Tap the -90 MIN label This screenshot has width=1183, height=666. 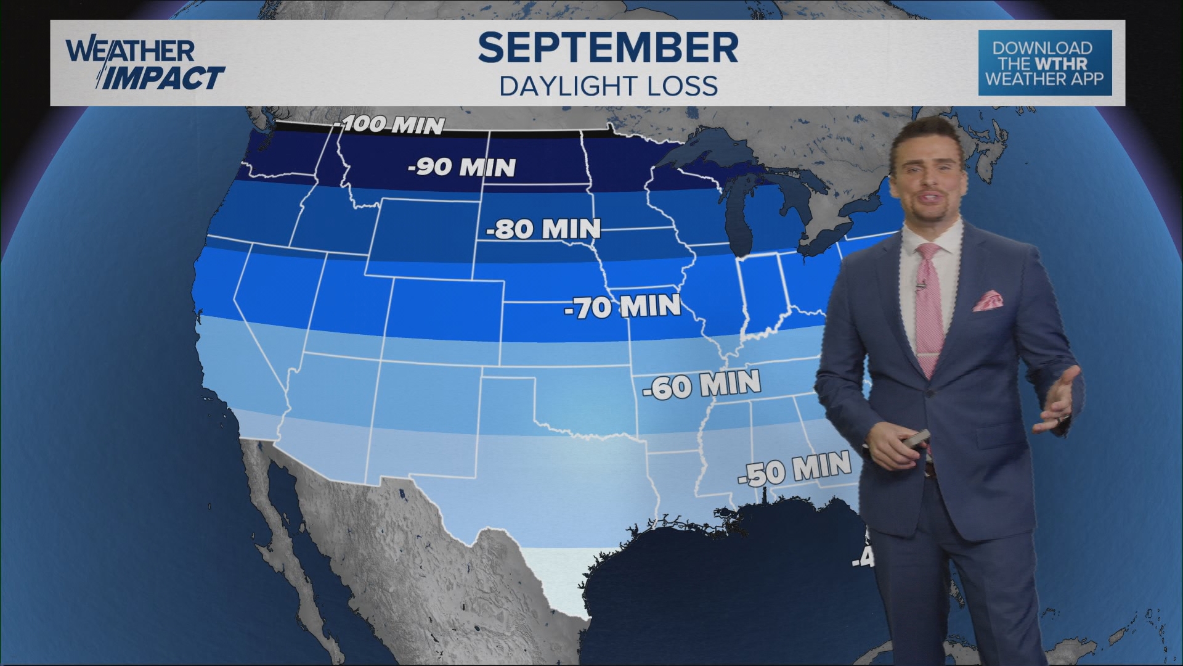pyautogui.click(x=462, y=167)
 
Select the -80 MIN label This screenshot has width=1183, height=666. pyautogui.click(x=543, y=229)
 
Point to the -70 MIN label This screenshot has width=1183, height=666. pyautogui.click(x=622, y=306)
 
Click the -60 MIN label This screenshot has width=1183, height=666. pyautogui.click(x=701, y=385)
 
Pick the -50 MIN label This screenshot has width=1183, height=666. pyautogui.click(x=795, y=468)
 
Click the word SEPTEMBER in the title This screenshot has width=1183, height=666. pyautogui.click(x=608, y=47)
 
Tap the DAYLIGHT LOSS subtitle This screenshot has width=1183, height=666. pyautogui.click(x=608, y=86)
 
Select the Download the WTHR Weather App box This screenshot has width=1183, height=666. pyautogui.click(x=1044, y=64)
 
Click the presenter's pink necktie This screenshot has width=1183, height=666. pyautogui.click(x=930, y=302)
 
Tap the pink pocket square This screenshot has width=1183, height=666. pyautogui.click(x=988, y=300)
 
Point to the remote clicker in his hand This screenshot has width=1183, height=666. pyautogui.click(x=913, y=442)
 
